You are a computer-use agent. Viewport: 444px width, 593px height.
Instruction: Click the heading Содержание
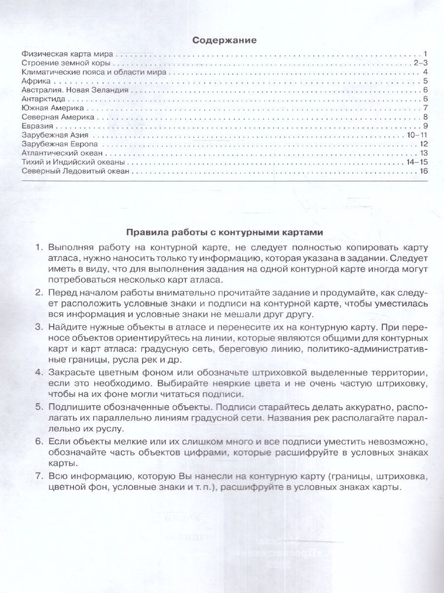tap(224, 41)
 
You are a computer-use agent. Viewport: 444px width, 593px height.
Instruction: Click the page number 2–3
tap(420, 63)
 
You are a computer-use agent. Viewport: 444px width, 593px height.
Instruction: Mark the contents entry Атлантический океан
tap(60, 154)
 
